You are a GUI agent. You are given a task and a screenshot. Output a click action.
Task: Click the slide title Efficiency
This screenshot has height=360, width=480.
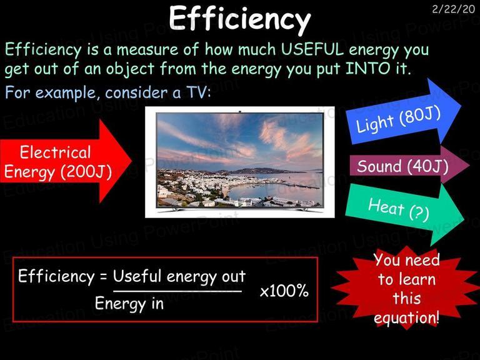tap(240, 18)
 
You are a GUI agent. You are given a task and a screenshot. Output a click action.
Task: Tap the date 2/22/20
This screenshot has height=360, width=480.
tap(453, 9)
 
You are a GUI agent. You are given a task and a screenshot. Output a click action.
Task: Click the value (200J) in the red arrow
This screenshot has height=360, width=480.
tap(86, 171)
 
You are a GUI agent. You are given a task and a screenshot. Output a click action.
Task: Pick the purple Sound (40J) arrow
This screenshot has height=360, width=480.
tap(409, 165)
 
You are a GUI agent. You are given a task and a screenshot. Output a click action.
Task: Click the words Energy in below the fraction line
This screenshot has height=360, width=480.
tap(129, 304)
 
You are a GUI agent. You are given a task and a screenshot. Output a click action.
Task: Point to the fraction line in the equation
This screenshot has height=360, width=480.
tap(177, 291)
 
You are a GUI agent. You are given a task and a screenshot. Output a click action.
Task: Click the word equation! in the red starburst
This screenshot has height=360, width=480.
tap(406, 317)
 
